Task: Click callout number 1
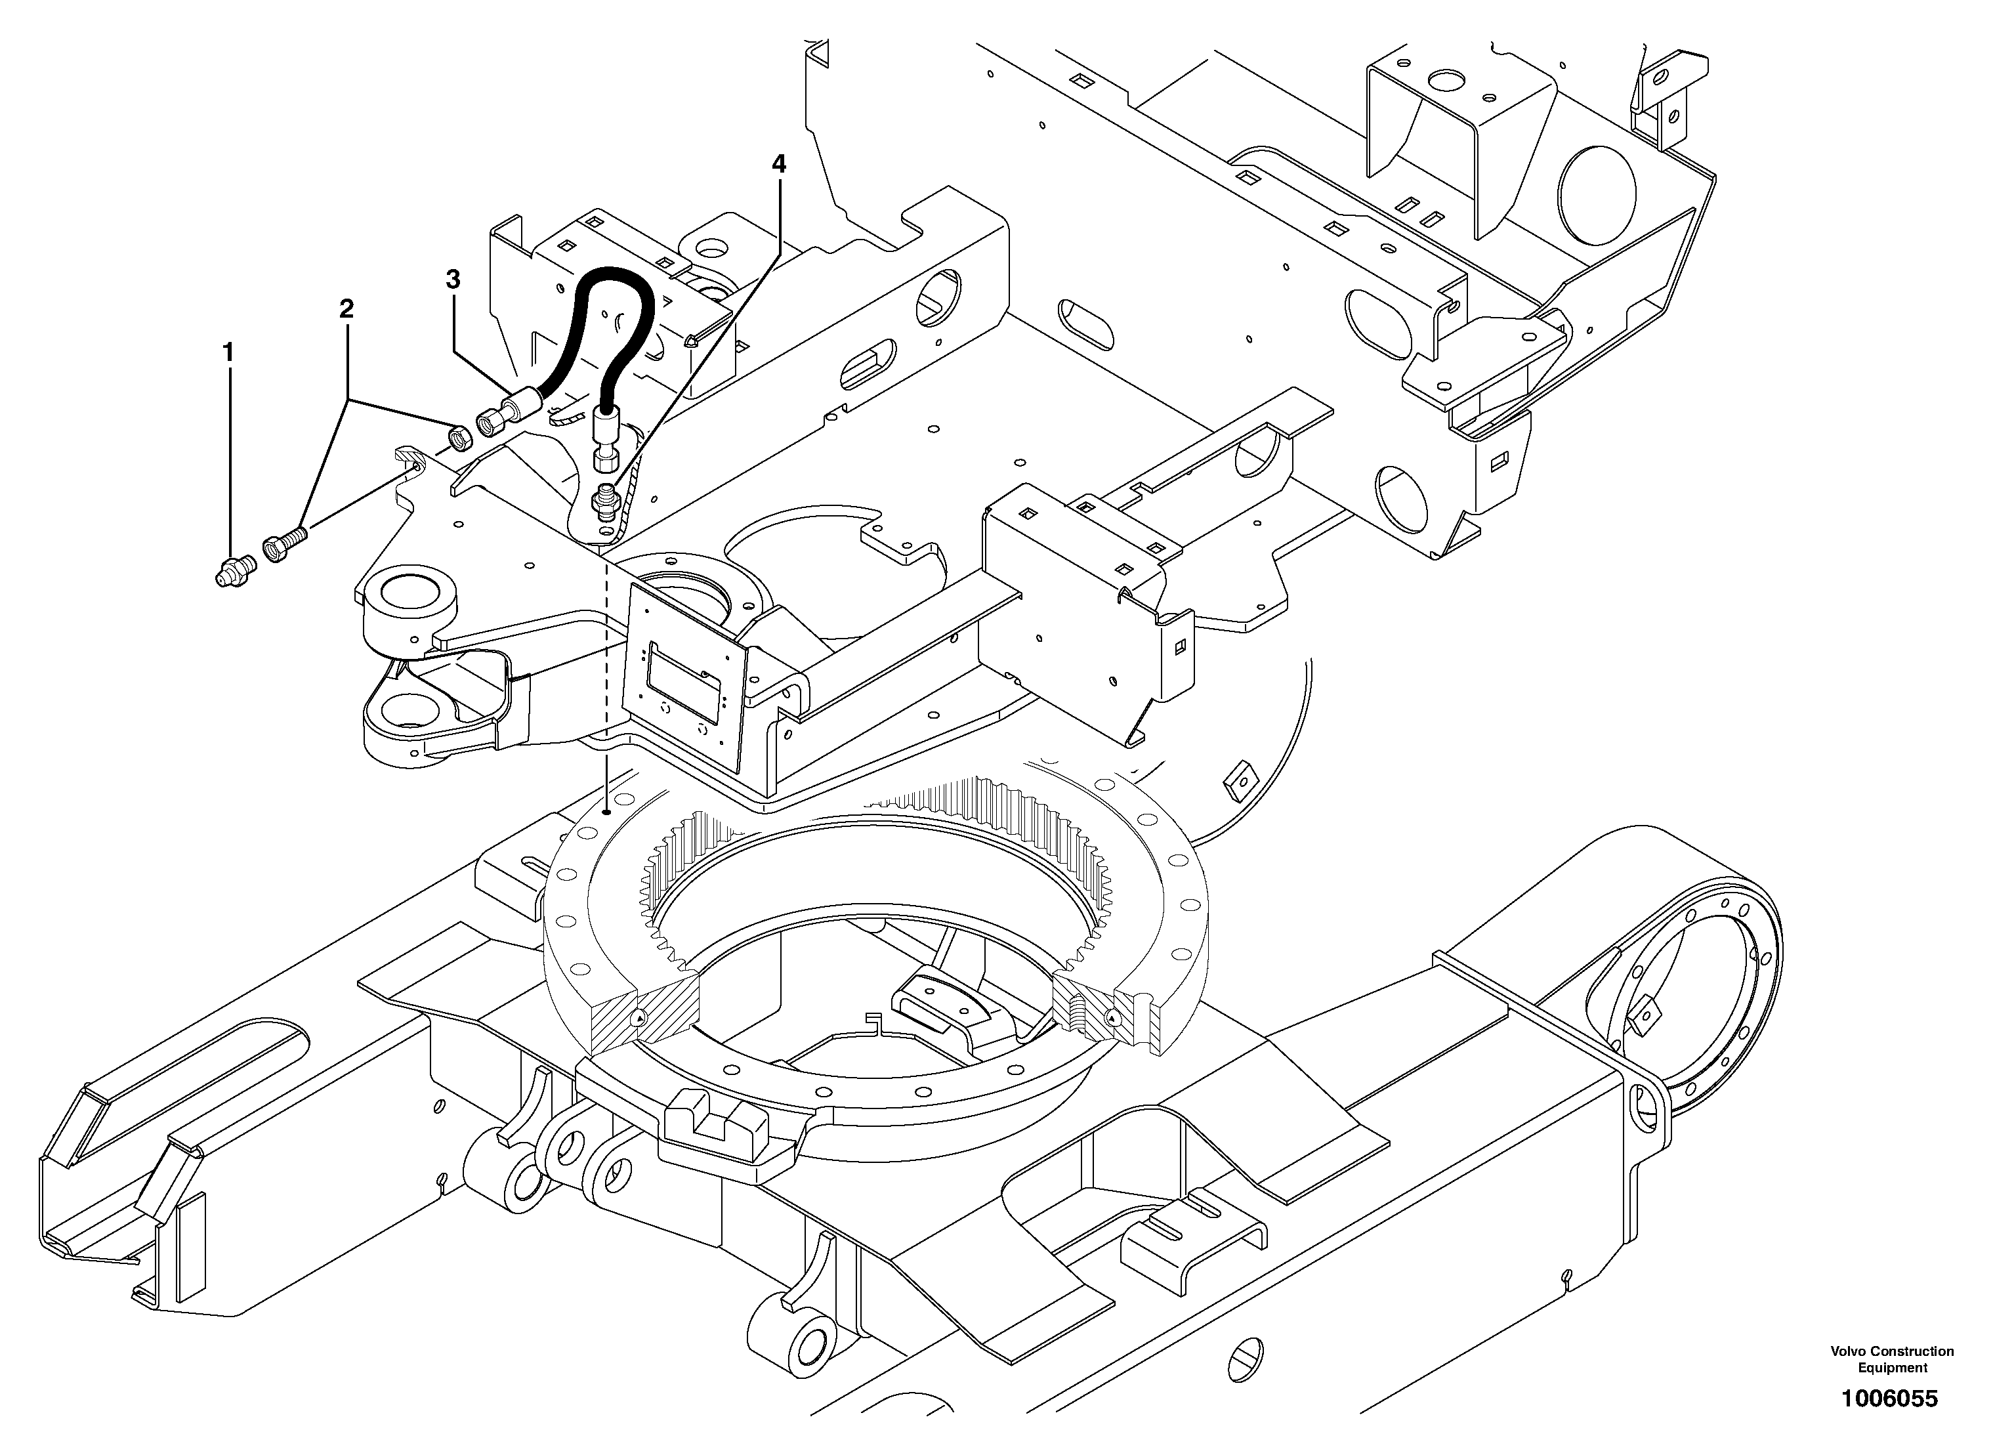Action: (x=228, y=353)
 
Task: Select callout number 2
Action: (x=346, y=309)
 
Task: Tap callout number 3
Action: (x=453, y=280)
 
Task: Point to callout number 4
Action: (x=778, y=164)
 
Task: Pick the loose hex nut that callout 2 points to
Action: (x=458, y=435)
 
